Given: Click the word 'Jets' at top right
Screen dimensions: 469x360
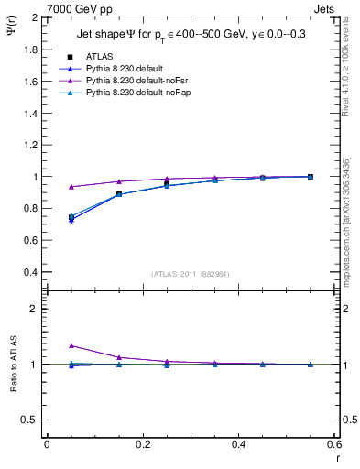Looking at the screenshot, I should click(327, 8).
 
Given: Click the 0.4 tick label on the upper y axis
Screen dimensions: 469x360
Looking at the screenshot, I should click(32, 272).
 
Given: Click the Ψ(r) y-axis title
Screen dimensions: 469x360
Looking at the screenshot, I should click(13, 33).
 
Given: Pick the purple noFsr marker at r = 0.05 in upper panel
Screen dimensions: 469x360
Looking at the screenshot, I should click(71, 186).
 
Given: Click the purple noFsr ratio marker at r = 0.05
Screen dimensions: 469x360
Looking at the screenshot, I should click(71, 345).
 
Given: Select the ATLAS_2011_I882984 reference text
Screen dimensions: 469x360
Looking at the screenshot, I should click(190, 275).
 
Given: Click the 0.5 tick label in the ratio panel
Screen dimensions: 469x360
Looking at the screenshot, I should click(32, 420).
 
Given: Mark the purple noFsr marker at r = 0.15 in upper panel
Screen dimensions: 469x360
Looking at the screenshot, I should click(118, 181).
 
